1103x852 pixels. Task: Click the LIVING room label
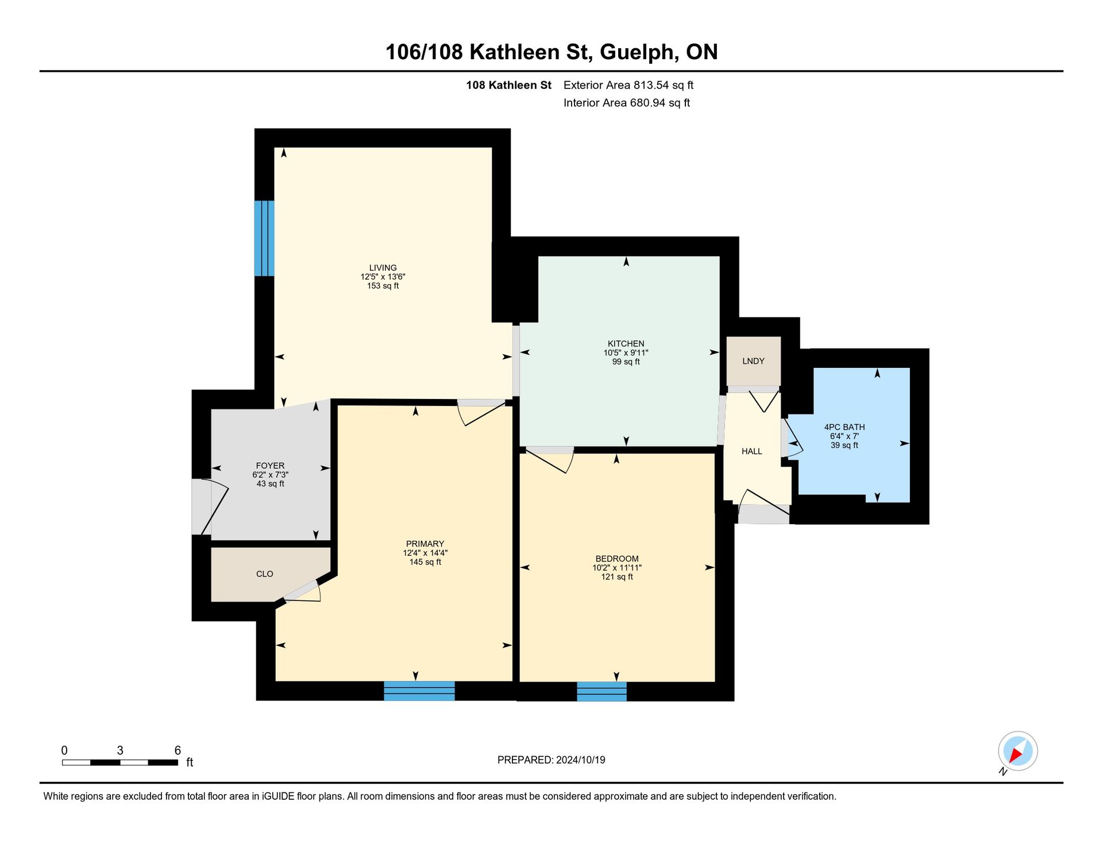click(383, 268)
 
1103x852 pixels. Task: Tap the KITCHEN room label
click(626, 344)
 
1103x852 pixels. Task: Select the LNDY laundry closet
click(753, 361)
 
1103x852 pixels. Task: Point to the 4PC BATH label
click(844, 427)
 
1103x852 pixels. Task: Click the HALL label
click(751, 451)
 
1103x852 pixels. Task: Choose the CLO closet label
click(264, 574)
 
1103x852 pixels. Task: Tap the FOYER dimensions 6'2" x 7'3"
click(270, 475)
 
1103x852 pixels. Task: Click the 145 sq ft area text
click(425, 562)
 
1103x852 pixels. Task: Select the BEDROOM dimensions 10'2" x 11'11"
click(617, 568)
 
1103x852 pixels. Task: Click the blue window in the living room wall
click(264, 238)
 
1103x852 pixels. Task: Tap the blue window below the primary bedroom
click(419, 691)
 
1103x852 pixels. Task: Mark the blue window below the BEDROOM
click(601, 691)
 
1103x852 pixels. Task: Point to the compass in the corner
click(1017, 751)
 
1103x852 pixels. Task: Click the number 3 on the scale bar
click(120, 750)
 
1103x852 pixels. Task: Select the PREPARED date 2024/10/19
click(580, 760)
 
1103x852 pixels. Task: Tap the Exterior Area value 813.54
click(651, 86)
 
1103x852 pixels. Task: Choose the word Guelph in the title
click(637, 52)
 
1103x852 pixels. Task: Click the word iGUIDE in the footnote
click(279, 797)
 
